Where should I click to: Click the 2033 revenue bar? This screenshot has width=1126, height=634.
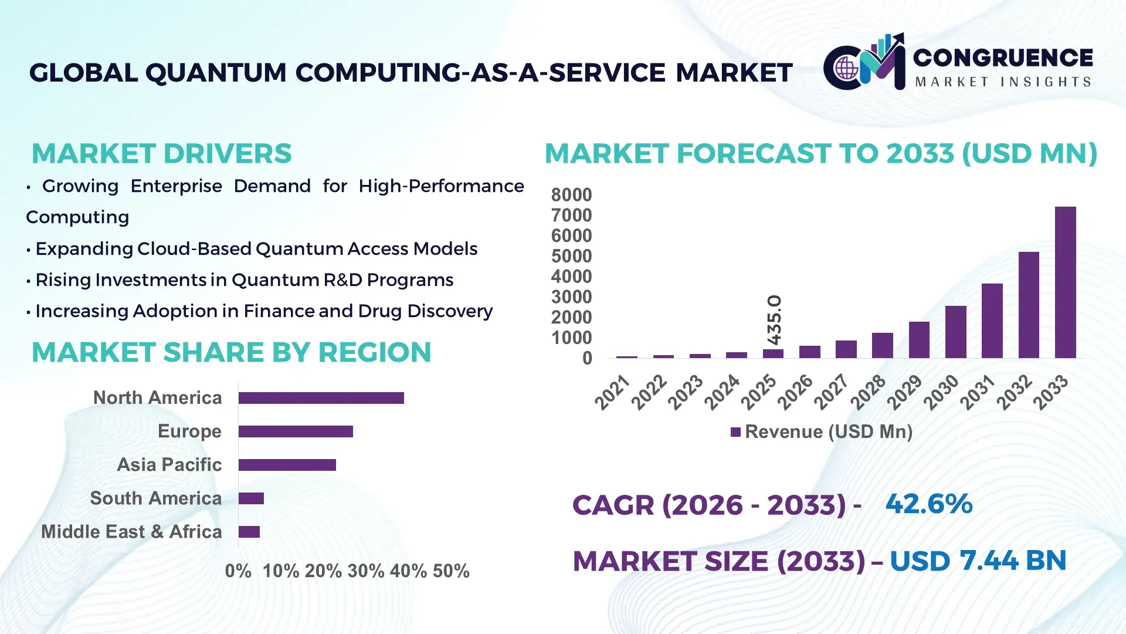[x=1065, y=282]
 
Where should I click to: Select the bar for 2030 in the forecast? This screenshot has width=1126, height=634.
[x=955, y=332]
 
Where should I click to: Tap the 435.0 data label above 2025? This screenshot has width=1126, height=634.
[x=774, y=320]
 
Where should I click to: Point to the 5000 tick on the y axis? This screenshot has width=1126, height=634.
[x=571, y=257]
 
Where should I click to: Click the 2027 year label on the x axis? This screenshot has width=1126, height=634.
[x=831, y=392]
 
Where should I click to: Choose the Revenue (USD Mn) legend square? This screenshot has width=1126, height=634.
[x=735, y=433]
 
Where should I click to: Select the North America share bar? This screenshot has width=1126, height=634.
[x=321, y=398]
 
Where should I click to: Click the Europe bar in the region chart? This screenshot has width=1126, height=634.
[x=296, y=431]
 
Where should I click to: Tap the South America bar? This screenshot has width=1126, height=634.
[x=251, y=498]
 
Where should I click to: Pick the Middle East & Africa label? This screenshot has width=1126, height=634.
[x=131, y=532]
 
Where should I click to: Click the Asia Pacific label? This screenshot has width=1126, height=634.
[x=169, y=465]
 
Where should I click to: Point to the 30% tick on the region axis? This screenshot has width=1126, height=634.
[x=366, y=571]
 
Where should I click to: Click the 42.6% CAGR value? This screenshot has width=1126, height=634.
[x=928, y=504]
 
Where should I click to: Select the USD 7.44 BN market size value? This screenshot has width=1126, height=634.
[x=978, y=561]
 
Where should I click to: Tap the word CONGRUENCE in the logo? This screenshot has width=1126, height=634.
[x=1003, y=58]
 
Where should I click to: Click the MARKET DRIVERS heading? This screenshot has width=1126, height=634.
[x=161, y=154]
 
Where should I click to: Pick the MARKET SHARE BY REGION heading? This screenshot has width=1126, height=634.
[x=231, y=353]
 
